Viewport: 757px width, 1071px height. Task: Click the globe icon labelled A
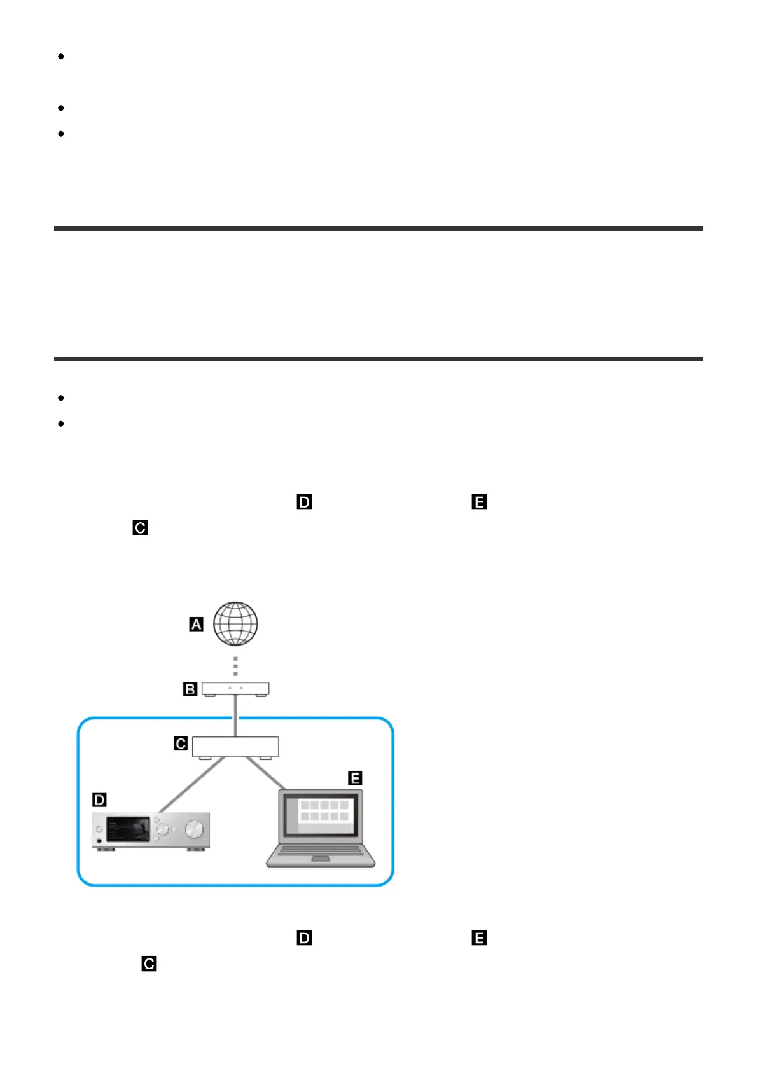tap(235, 624)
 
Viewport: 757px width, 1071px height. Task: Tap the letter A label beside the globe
tap(197, 625)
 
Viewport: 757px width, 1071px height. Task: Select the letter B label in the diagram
tap(190, 689)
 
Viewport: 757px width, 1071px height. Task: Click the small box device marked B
tap(235, 689)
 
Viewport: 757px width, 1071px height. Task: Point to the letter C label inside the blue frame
tap(181, 743)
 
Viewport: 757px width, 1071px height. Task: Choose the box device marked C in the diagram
tap(235, 747)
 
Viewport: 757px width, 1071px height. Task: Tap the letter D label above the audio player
tap(99, 799)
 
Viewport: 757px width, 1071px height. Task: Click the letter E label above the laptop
tap(355, 777)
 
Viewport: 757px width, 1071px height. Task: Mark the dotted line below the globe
tap(235, 666)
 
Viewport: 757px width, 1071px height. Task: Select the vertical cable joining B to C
tap(235, 716)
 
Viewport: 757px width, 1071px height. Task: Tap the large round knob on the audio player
tap(195, 829)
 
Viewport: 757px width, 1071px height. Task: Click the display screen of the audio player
tap(128, 830)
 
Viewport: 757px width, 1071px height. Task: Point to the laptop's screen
tap(321, 817)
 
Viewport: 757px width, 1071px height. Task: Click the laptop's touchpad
tap(321, 859)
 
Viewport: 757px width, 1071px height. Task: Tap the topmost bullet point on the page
tap(61, 57)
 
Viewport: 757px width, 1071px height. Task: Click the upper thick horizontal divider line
tap(378, 228)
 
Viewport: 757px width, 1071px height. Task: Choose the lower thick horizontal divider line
tap(378, 359)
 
